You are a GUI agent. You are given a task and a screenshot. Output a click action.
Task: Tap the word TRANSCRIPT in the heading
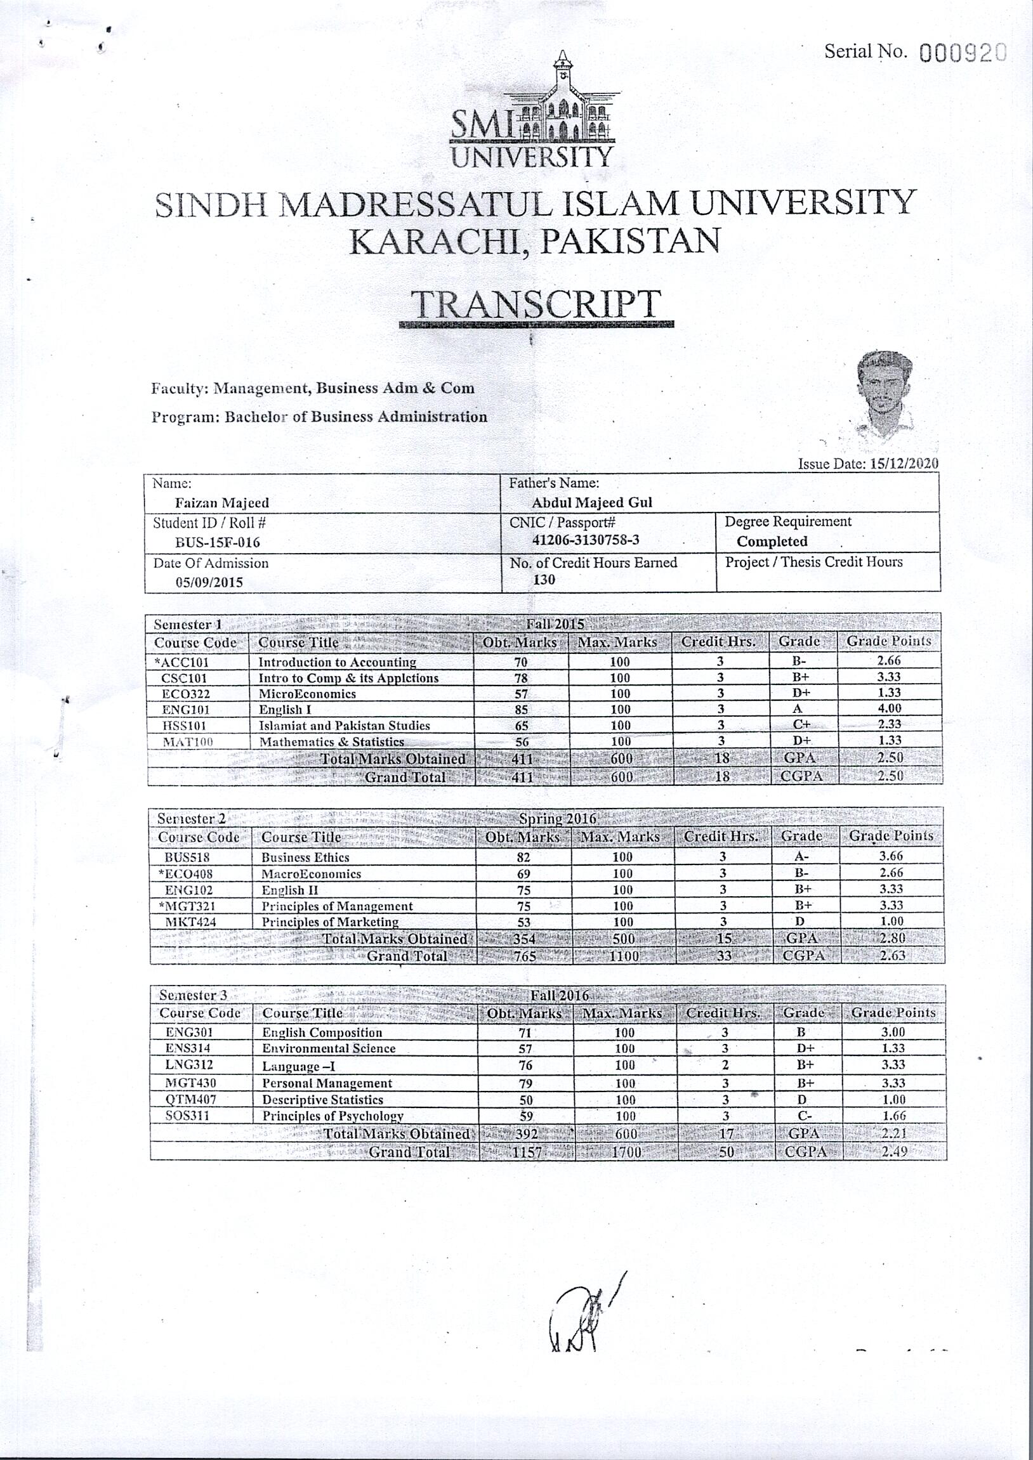tap(536, 304)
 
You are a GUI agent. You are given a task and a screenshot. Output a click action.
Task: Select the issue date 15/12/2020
tap(904, 464)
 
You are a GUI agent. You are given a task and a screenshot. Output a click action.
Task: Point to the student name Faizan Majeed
tap(222, 503)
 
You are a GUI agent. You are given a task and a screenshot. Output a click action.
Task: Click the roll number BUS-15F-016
tap(218, 542)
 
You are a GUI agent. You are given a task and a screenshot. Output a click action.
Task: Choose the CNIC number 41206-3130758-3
tap(585, 540)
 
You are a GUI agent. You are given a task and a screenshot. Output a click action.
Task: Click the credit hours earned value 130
tap(544, 579)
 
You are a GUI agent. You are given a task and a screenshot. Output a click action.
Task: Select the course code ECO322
tap(186, 694)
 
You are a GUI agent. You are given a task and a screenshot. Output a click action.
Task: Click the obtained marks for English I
tap(521, 710)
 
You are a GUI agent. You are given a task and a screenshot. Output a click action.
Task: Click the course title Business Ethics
tap(305, 857)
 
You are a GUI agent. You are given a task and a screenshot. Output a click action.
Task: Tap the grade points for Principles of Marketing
tap(890, 922)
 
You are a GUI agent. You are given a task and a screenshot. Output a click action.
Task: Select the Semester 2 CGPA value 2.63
tap(892, 955)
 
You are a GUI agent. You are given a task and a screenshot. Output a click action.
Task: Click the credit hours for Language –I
tap(725, 1065)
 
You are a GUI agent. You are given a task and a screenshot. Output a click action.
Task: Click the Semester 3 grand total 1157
tap(527, 1152)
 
